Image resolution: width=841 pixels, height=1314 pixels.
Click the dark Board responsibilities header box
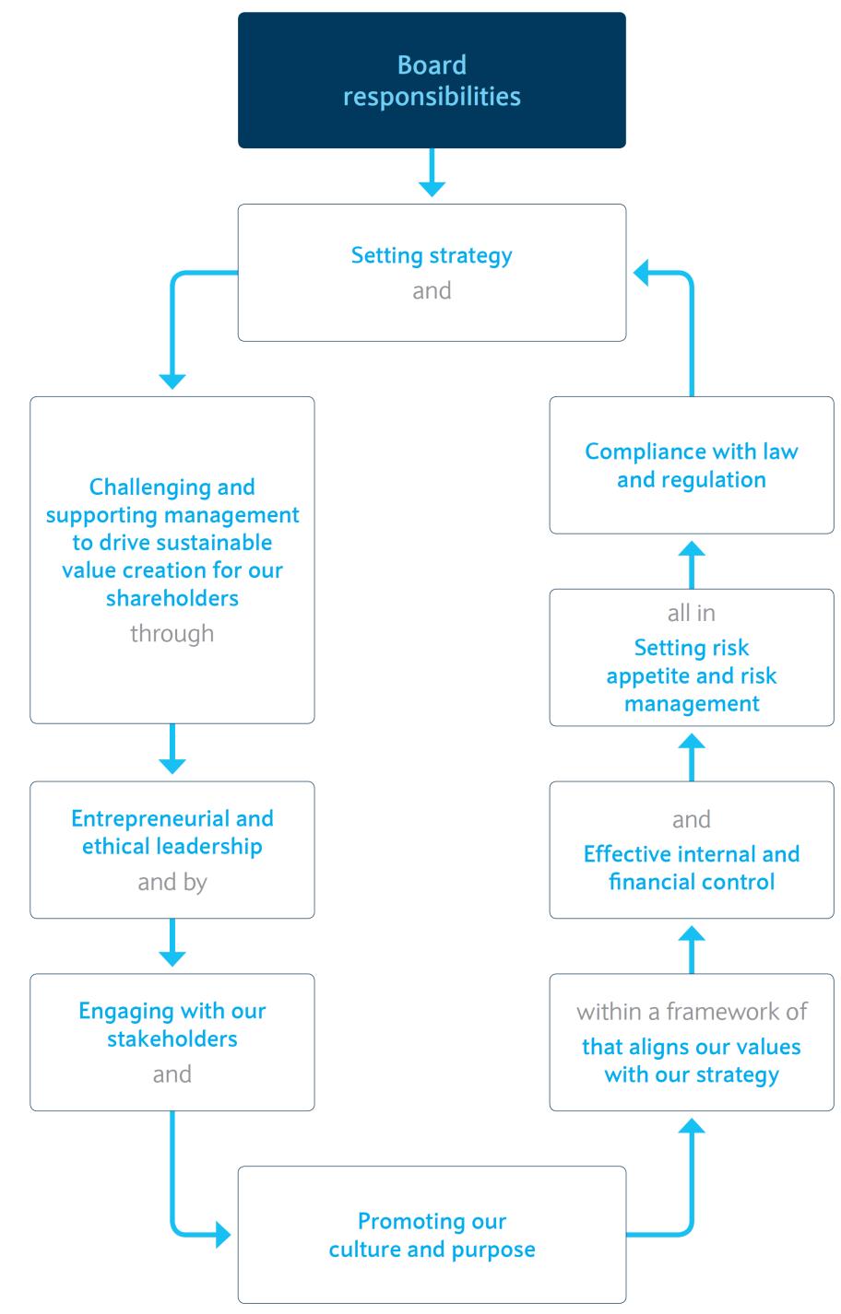pos(432,80)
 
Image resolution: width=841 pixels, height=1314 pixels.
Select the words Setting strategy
pos(432,255)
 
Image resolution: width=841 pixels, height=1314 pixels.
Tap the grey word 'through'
pos(172,634)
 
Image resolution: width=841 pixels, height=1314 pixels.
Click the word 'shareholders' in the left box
pos(172,598)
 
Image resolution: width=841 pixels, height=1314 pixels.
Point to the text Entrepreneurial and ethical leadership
pos(172,832)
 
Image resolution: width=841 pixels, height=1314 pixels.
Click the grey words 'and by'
pos(172,882)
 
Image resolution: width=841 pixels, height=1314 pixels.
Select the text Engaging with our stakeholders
pos(172,1025)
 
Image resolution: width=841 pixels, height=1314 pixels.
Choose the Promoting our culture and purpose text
pos(432,1235)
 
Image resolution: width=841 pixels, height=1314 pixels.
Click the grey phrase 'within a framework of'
pos(692,1012)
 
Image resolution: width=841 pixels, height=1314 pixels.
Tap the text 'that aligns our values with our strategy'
pos(692,1061)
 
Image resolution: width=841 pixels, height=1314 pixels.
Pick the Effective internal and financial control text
pos(692,868)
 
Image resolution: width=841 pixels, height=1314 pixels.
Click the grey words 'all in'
pos(692,613)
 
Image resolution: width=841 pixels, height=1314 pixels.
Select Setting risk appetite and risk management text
pos(692,675)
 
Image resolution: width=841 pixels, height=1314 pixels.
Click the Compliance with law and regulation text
pos(692,465)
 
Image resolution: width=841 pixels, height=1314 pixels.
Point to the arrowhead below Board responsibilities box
pos(432,189)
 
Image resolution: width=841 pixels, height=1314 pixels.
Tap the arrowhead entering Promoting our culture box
pos(223,1233)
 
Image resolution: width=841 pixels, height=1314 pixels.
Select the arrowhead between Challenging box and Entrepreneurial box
pos(172,766)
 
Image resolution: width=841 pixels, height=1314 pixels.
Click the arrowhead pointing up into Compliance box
pos(692,548)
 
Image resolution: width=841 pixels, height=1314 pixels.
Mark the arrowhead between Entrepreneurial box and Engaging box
pos(172,958)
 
